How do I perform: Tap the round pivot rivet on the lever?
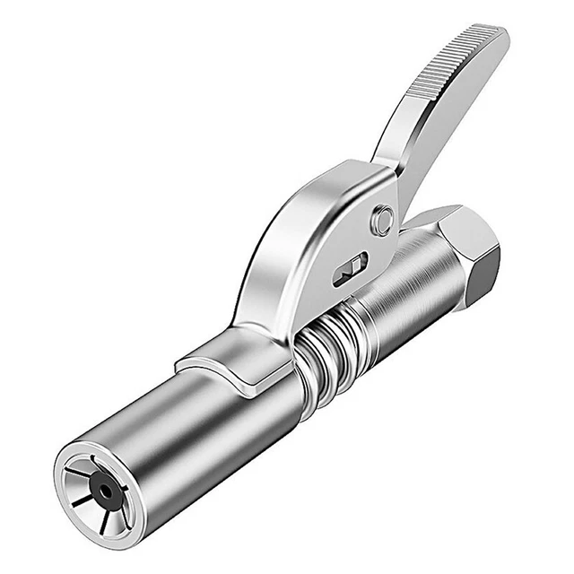383,220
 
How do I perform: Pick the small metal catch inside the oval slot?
352,267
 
